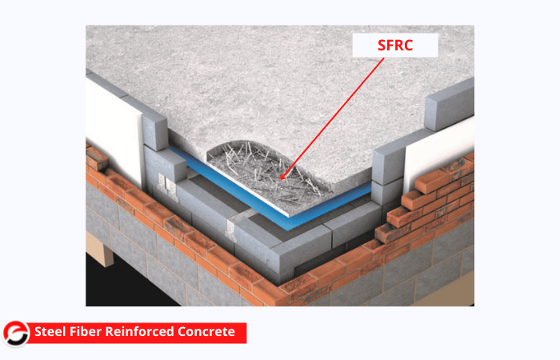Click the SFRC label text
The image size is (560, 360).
coord(395,45)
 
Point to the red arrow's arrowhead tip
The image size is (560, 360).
coord(280,179)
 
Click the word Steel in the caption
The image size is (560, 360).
coord(50,332)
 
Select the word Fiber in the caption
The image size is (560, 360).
coord(86,332)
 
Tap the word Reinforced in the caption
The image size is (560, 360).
coord(140,332)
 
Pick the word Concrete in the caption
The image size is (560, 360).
coord(206,332)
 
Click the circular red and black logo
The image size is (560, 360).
coord(16,334)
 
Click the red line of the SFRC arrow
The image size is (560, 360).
coord(332,118)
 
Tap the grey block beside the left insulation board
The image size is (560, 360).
coord(154,131)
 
